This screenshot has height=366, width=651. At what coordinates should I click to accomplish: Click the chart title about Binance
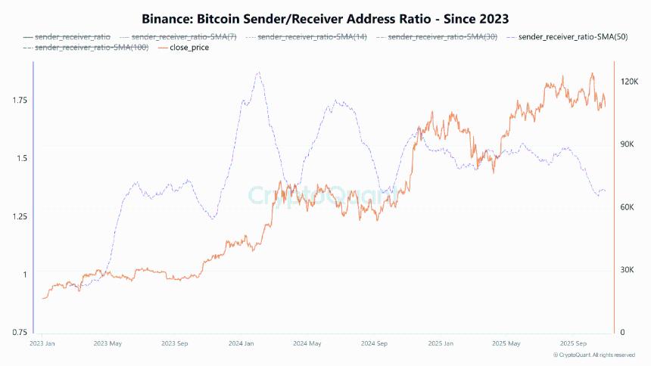click(325, 17)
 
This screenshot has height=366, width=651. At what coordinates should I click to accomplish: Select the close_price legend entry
click(185, 48)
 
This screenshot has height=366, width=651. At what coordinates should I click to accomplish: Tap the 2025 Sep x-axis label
click(575, 343)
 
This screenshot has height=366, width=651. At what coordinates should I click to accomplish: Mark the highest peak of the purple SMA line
click(258, 73)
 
